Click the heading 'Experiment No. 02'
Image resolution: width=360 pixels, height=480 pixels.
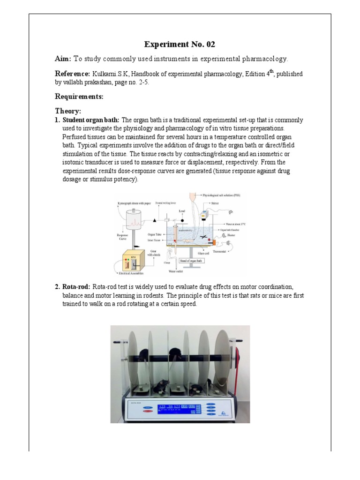(x=180, y=45)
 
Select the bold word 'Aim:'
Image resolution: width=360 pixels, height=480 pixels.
(x=63, y=59)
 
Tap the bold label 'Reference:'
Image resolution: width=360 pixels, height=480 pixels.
(x=72, y=74)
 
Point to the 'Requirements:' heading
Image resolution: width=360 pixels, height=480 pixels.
(x=79, y=97)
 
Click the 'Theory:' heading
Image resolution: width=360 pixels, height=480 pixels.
(x=68, y=111)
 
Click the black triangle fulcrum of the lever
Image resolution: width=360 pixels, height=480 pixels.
(x=155, y=220)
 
